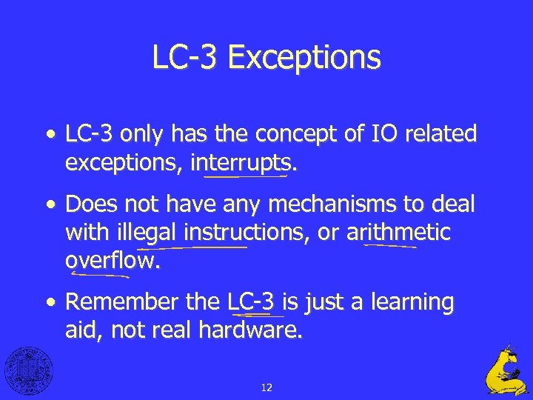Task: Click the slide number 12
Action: (266, 387)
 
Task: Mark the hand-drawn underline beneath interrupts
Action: (246, 177)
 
